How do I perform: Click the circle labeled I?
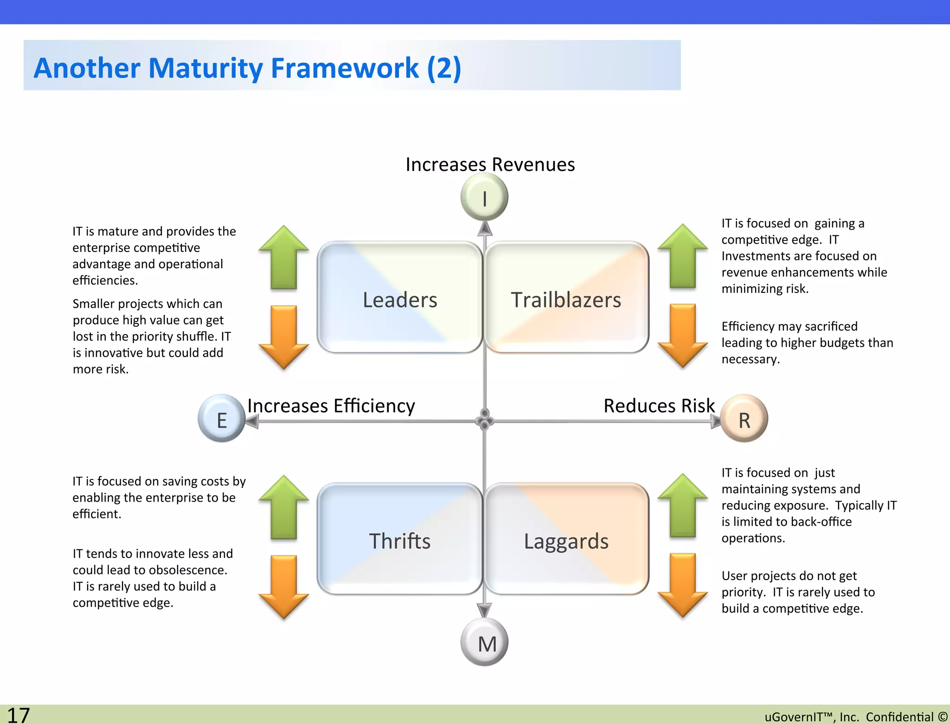click(484, 198)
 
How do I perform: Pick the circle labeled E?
click(222, 419)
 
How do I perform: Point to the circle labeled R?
click(744, 419)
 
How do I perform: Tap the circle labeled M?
click(485, 643)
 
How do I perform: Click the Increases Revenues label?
click(490, 165)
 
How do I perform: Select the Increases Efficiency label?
click(331, 406)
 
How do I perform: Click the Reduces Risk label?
click(659, 406)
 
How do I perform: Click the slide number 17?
click(19, 715)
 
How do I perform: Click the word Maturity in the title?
click(205, 68)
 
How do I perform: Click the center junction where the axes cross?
click(485, 420)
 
